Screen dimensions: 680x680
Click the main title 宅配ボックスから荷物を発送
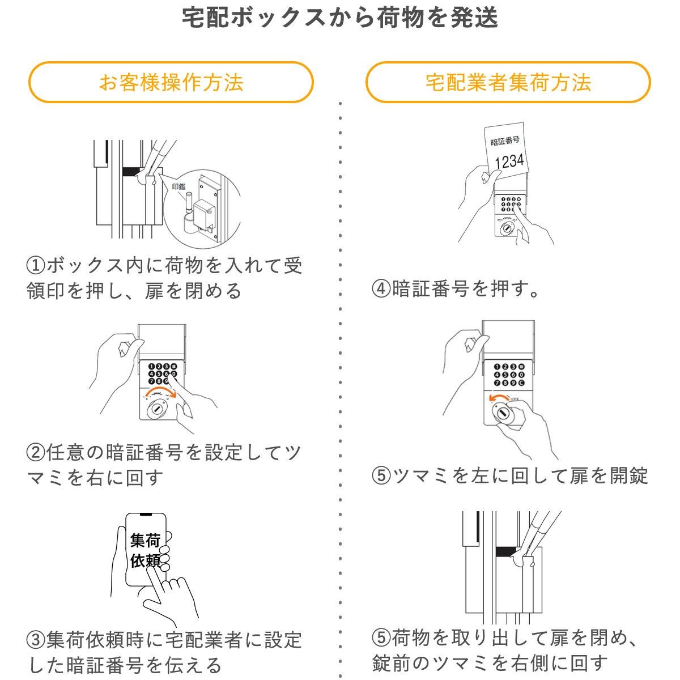(340, 18)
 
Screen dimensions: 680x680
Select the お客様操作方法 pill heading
(171, 82)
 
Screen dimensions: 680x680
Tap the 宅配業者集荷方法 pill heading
(508, 82)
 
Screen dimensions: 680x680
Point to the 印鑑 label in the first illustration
(178, 186)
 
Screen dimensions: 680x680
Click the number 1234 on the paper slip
(509, 161)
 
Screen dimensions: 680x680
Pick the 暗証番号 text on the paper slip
(504, 141)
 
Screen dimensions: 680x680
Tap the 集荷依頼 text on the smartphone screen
(145, 550)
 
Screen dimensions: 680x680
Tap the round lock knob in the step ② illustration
(156, 410)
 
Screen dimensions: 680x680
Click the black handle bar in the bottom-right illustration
(509, 551)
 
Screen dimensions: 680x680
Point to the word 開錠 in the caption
(629, 475)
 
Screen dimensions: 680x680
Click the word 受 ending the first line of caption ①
(292, 265)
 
